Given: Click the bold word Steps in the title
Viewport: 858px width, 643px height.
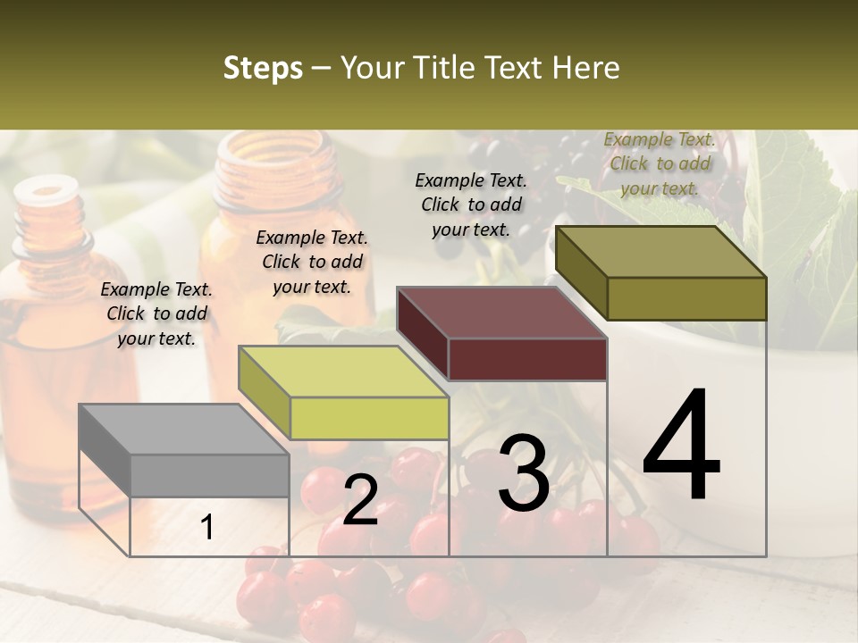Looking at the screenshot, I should [263, 68].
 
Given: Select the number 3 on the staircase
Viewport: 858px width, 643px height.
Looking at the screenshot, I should [524, 473].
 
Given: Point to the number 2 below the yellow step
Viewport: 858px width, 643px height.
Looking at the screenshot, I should [360, 500].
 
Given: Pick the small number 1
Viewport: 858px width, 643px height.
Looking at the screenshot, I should [207, 528].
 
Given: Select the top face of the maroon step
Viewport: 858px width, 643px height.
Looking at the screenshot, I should [501, 313].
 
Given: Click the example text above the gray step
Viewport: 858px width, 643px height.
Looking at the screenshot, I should [156, 313].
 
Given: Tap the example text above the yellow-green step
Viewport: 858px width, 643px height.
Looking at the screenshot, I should [312, 262].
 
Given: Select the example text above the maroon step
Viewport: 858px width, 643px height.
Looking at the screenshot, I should [471, 205].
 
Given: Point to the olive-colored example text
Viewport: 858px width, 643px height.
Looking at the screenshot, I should [660, 163].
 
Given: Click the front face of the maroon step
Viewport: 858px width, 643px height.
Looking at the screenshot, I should [527, 360].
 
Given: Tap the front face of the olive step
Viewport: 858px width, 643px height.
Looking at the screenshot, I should [686, 298].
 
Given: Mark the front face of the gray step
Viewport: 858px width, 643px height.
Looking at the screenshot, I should [209, 475].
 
